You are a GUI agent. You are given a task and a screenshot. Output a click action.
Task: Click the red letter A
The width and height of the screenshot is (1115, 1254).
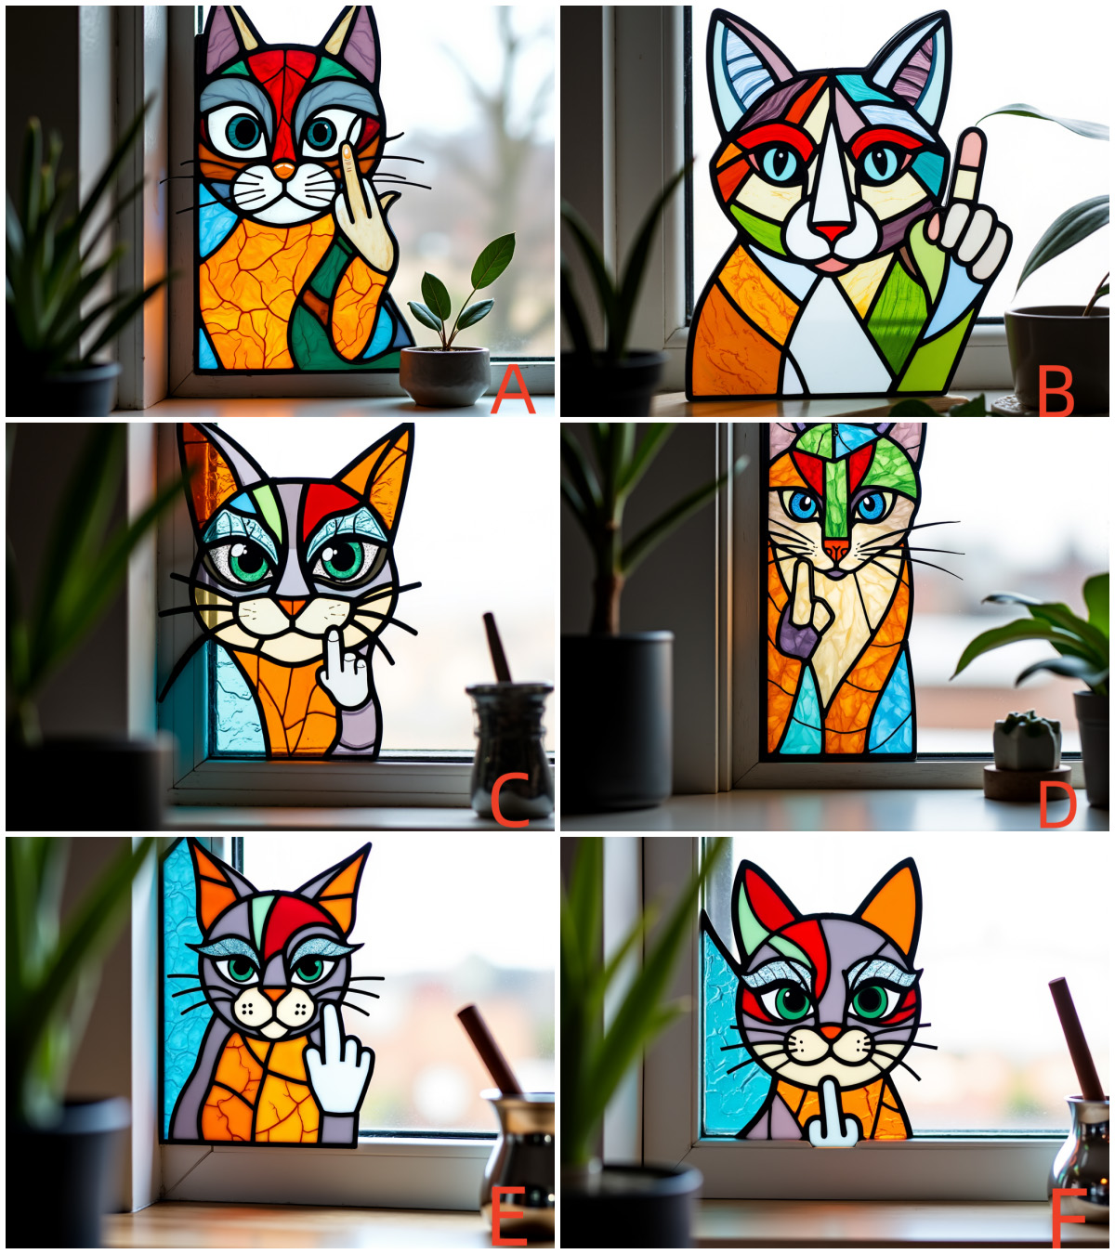(x=512, y=390)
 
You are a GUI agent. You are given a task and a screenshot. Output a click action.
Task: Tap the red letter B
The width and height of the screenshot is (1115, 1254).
(x=1056, y=391)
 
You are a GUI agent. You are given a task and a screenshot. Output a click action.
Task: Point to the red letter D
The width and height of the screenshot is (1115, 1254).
(x=1056, y=804)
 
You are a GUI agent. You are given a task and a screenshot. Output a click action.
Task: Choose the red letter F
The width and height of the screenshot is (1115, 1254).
(x=1069, y=1219)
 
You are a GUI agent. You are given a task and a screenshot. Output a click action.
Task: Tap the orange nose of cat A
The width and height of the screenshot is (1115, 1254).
(x=284, y=171)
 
